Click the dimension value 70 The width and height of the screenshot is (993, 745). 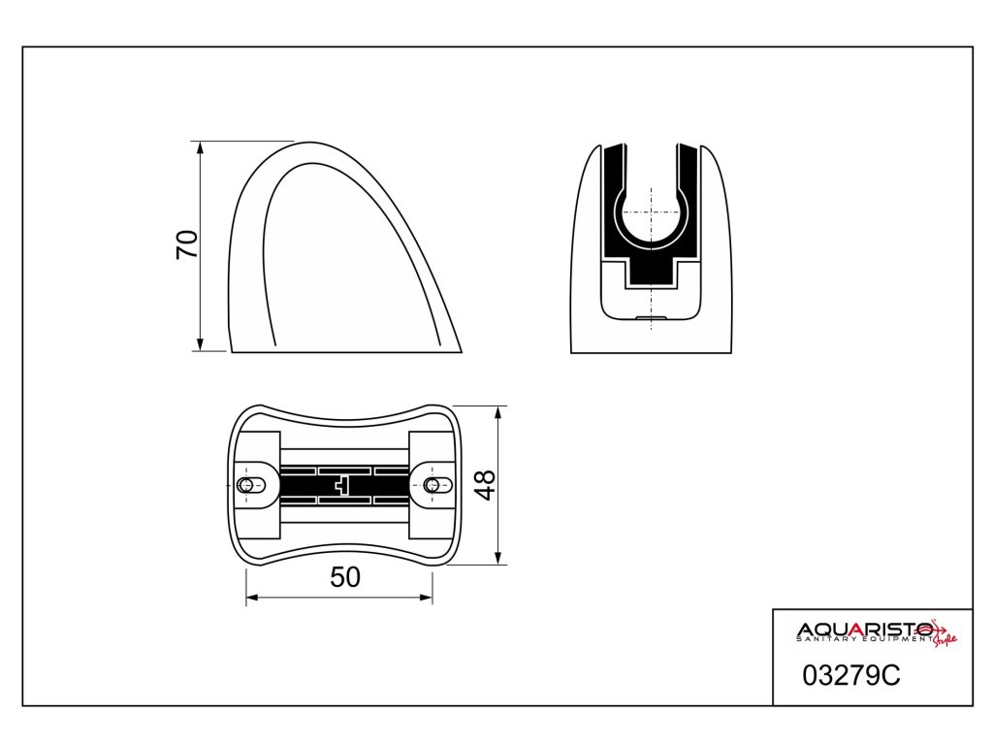[x=187, y=245]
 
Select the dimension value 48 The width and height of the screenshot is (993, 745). [x=486, y=485]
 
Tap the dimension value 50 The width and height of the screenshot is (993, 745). [x=345, y=577]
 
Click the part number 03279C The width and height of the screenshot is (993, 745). [x=850, y=676]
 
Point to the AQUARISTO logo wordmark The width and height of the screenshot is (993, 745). [x=864, y=630]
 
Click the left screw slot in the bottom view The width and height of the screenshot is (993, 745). [x=251, y=486]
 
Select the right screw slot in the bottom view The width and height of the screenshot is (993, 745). [x=437, y=486]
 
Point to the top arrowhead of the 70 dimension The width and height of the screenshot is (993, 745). [x=200, y=148]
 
